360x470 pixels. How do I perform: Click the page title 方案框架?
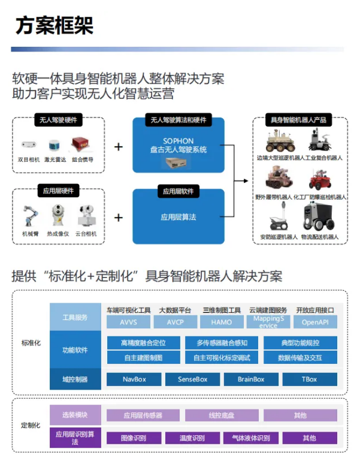point(55,25)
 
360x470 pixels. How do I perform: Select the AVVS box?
point(128,322)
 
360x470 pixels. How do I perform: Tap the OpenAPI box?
point(315,322)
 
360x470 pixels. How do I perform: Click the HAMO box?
point(221,322)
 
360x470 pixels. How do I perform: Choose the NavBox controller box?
point(134,379)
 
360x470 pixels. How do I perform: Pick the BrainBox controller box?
point(251,379)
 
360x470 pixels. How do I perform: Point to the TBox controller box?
point(309,379)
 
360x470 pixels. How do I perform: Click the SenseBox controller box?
point(192,379)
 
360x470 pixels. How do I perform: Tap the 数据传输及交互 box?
point(300,358)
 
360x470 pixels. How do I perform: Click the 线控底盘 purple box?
point(221,415)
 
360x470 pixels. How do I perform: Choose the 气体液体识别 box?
point(250,438)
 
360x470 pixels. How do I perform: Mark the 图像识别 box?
point(134,438)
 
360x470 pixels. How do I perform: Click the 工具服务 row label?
point(75,317)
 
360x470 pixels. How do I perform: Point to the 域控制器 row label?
point(75,379)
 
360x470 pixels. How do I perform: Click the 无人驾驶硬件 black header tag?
point(58,120)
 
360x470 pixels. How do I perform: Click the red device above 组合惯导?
point(81,144)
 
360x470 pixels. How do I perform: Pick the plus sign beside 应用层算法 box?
point(119,217)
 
